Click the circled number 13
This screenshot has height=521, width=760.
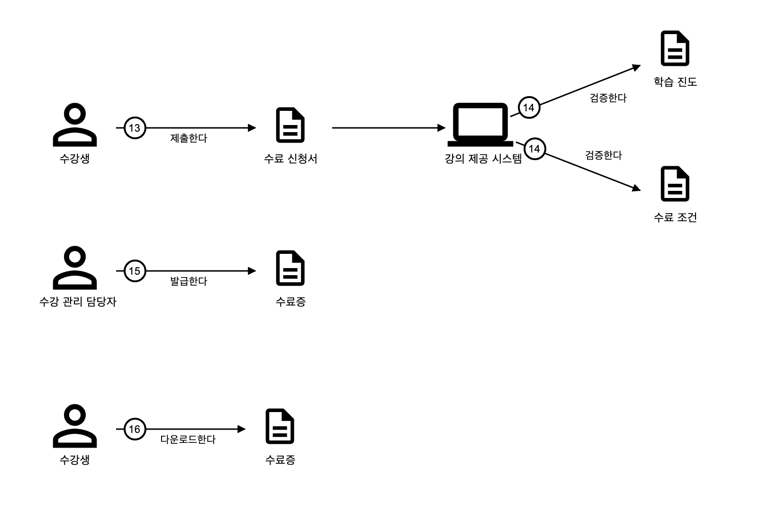click(x=135, y=128)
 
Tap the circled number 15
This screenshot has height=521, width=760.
click(x=135, y=271)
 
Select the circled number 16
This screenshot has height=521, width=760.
click(x=135, y=429)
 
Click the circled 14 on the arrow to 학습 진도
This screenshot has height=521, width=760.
click(x=528, y=108)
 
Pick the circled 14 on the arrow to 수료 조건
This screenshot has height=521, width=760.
click(x=534, y=149)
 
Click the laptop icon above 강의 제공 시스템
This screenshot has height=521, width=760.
click(x=480, y=125)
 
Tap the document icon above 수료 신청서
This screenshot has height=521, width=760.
click(x=290, y=125)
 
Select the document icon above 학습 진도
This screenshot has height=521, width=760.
click(x=675, y=48)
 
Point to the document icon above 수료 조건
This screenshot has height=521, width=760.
click(x=675, y=184)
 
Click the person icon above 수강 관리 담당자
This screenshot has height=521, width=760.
click(x=75, y=268)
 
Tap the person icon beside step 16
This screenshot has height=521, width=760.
click(x=75, y=426)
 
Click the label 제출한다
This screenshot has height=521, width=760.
click(x=189, y=138)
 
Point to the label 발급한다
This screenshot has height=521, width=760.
click(x=189, y=281)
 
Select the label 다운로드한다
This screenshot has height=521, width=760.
click(x=188, y=440)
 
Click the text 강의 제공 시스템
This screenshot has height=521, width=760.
click(x=483, y=159)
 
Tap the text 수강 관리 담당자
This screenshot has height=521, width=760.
click(x=78, y=302)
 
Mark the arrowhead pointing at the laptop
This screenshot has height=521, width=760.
click(x=442, y=128)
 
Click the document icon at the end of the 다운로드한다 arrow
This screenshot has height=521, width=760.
click(x=280, y=426)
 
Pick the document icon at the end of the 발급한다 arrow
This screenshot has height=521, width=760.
click(x=290, y=268)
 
